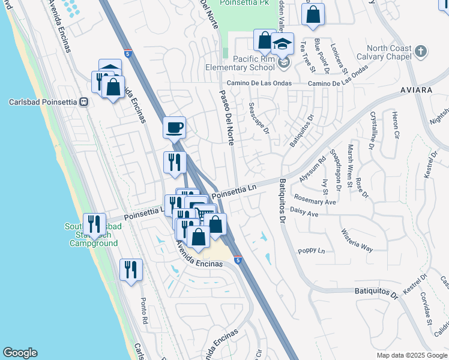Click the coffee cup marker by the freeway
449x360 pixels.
tap(174, 127)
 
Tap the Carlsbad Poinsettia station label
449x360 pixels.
tap(43, 101)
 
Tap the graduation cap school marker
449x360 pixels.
tap(282, 44)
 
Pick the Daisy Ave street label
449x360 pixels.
tap(304, 213)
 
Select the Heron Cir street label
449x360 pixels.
tap(395, 125)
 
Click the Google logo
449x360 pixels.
tap(20, 353)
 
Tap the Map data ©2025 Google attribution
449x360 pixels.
tap(411, 355)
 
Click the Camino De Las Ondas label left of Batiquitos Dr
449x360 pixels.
tap(259, 83)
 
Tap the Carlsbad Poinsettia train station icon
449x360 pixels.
tap(84, 101)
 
